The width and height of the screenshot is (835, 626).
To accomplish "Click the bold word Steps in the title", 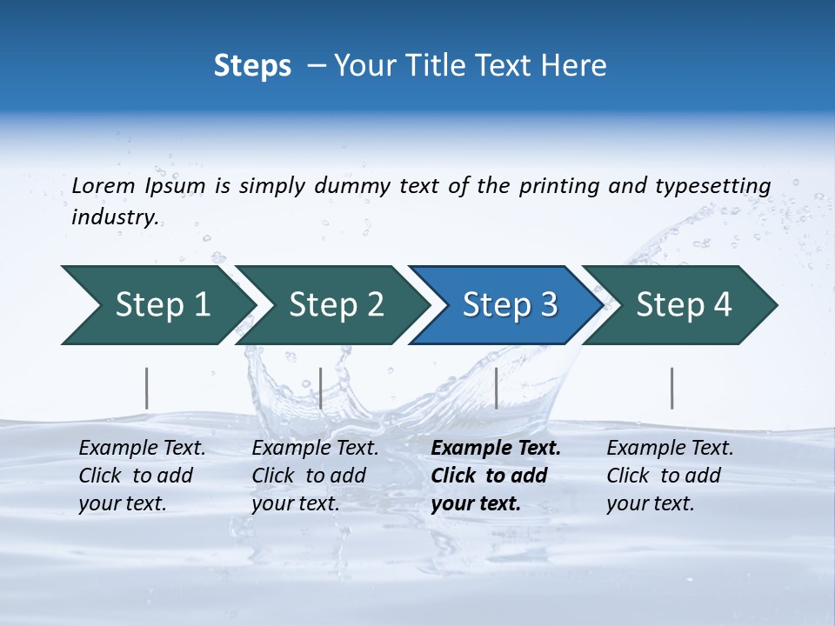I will point(252,66).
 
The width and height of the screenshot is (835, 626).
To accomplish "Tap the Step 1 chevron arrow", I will point(157,305).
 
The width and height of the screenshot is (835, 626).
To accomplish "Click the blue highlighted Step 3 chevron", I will point(504,305).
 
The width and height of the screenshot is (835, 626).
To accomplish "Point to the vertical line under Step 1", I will point(147,388).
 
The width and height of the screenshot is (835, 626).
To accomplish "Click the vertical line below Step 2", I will point(321,388).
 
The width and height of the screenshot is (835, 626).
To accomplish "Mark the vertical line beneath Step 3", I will point(496,388).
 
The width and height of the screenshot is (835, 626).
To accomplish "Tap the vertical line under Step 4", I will point(671,388).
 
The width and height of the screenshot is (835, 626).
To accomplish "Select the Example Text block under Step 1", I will point(141,476).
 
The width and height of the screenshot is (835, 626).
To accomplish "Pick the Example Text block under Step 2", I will point(314,476).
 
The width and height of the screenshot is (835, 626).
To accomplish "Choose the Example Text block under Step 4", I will point(669,476).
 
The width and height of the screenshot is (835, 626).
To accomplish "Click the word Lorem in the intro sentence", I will point(104,185).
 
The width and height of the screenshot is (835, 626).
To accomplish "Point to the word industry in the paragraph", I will point(114,216).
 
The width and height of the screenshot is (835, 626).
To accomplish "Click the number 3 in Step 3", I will point(547,305).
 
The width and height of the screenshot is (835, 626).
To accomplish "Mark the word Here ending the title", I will point(578,66).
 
